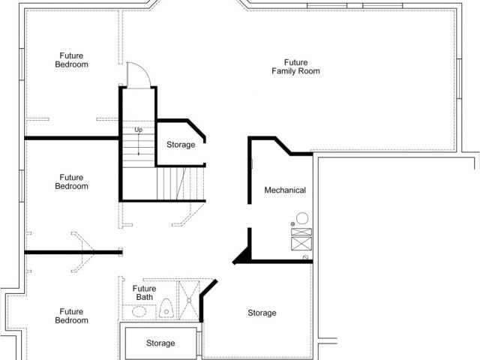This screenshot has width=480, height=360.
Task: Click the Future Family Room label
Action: click(x=295, y=67)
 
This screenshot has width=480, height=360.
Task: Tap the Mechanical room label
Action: click(x=285, y=190)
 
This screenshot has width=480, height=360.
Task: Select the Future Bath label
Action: click(x=144, y=292)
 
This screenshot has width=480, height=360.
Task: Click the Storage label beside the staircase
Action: click(x=181, y=145)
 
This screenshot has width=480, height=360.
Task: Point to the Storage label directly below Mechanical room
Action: click(x=262, y=313)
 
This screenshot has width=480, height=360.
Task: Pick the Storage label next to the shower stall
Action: click(x=160, y=343)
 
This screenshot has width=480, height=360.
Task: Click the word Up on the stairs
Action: click(x=138, y=130)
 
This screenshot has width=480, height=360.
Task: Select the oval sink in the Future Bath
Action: click(x=139, y=311)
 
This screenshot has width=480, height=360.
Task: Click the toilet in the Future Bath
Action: click(x=166, y=308)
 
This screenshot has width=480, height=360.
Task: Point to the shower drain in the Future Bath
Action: click(x=189, y=301)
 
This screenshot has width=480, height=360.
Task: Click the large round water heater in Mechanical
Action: click(x=302, y=218)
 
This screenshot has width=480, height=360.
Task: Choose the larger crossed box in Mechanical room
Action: click(x=301, y=244)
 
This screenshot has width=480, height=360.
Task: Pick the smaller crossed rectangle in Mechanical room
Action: click(x=301, y=232)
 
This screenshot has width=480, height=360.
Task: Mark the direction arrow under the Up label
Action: click(x=138, y=144)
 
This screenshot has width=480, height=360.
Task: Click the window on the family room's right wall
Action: click(x=459, y=79)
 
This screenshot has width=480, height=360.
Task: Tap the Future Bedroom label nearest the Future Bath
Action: click(x=72, y=316)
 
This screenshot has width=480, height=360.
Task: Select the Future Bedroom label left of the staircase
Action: click(x=72, y=181)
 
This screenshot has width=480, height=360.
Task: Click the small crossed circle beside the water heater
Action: click(x=292, y=224)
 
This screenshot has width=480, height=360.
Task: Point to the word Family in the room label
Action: click(x=283, y=71)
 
